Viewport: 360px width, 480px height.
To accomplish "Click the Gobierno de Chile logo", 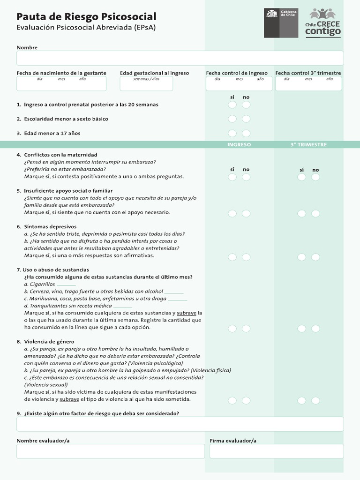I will click(x=281, y=22).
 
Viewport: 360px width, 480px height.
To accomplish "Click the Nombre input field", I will click(x=180, y=58).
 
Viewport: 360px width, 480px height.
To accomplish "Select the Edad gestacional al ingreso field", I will click(x=146, y=83).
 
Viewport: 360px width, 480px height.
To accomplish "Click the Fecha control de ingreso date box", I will click(x=239, y=83).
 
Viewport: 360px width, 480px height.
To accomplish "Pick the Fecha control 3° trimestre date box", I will click(x=308, y=83).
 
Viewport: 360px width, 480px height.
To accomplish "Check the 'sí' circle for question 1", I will click(x=232, y=105).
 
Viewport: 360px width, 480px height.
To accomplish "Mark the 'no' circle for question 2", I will click(x=246, y=119).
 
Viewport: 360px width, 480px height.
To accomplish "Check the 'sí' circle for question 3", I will click(x=232, y=134).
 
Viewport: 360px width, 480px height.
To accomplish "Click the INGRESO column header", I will click(x=239, y=145).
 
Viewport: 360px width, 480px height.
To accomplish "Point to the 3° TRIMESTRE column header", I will click(x=308, y=145).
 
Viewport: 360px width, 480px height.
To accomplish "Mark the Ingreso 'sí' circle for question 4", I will click(x=232, y=177).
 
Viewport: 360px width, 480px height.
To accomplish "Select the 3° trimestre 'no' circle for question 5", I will click(x=315, y=214).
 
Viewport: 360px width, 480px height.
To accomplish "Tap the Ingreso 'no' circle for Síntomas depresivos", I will click(x=246, y=257).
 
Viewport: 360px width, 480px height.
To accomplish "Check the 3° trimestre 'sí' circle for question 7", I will click(x=301, y=329).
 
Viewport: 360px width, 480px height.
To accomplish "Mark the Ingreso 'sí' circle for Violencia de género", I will click(x=232, y=400).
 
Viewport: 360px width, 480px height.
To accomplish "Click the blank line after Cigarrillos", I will click(x=66, y=285).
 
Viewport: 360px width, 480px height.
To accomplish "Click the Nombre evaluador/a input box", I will click(x=111, y=451).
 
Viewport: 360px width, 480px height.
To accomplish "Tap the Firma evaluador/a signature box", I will click(x=276, y=451).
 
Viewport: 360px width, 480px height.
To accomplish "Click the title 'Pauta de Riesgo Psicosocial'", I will click(x=86, y=17).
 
